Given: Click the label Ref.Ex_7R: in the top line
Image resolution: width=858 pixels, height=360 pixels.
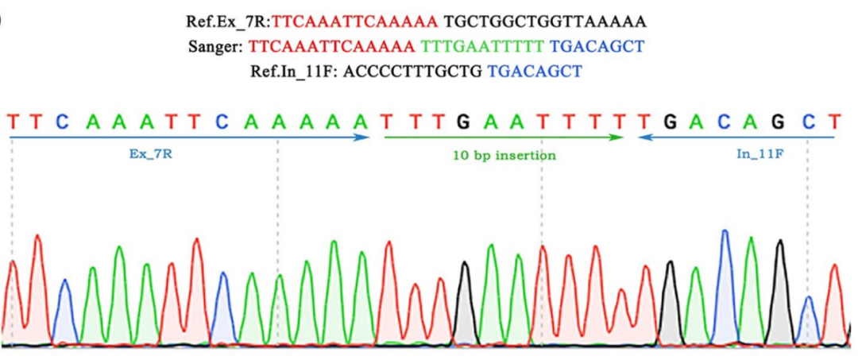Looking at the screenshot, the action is [x=228, y=22].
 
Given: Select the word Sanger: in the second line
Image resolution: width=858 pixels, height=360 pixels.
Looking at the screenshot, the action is [x=218, y=47].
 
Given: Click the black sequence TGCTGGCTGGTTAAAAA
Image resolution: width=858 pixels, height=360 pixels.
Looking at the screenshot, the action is [x=545, y=22].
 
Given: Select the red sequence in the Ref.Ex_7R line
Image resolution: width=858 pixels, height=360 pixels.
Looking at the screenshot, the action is [x=355, y=22].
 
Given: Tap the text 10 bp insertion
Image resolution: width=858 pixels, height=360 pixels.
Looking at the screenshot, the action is [x=504, y=156].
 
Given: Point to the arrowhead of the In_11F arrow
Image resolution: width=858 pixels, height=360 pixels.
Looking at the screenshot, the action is [x=641, y=137].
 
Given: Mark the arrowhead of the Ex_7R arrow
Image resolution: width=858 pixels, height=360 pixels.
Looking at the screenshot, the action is [x=365, y=137].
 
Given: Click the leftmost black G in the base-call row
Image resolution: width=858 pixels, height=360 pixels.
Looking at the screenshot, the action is [x=464, y=122].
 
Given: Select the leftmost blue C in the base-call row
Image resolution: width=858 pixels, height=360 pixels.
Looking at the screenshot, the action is [x=63, y=122].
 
